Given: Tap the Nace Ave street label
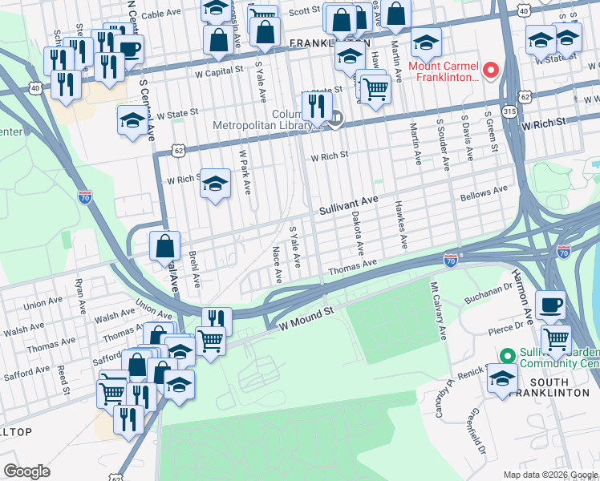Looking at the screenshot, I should pos(277,265).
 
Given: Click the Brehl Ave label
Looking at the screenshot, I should pos(193,269).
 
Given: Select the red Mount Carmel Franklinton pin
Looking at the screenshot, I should pos(490,70).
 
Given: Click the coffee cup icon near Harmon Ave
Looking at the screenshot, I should pos(550,305).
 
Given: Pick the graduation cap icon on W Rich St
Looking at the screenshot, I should pos(215,184).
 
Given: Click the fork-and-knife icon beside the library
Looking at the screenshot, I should pos(317,106).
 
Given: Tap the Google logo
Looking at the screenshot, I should pos(26,471).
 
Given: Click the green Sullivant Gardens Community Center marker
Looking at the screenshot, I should pos(506,355).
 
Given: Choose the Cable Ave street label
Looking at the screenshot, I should pos(163,14).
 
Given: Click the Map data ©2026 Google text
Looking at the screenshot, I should pos(549,475).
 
